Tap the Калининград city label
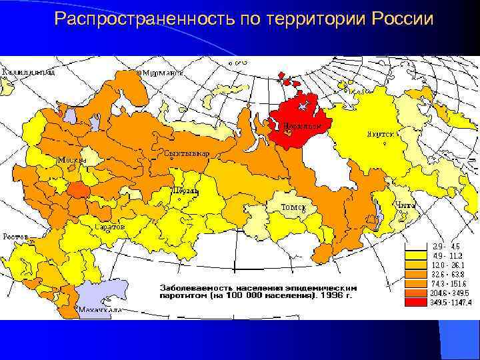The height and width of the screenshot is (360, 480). [x=27, y=71]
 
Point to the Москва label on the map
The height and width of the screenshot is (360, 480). [x=72, y=160]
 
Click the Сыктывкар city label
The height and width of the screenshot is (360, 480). [x=187, y=153]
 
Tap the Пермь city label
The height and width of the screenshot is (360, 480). [x=186, y=191]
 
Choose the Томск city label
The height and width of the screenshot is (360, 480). [x=293, y=207]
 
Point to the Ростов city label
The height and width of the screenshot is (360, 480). [x=15, y=236]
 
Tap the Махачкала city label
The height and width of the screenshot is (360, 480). [x=98, y=310]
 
